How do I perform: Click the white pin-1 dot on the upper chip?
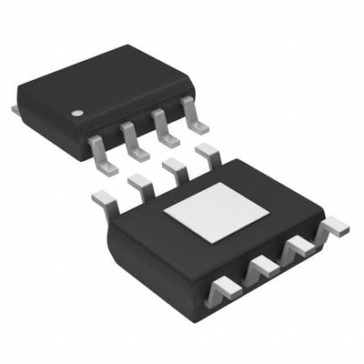tap(78, 114)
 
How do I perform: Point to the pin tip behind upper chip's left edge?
tap(15, 109)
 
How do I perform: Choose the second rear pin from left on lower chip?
tap(139, 185)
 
